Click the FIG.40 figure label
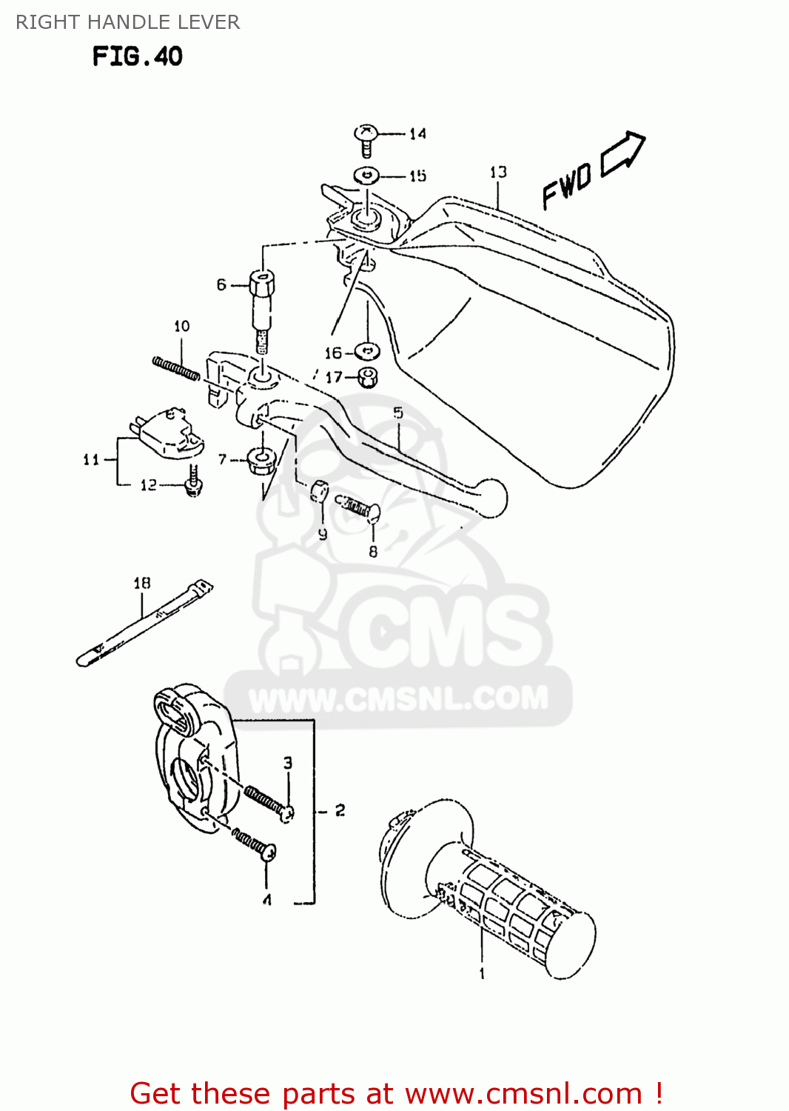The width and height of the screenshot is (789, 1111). click(137, 56)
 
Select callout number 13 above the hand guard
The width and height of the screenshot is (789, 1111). click(498, 173)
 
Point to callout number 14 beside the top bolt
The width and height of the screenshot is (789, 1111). click(418, 134)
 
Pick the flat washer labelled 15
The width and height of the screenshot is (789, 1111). click(366, 176)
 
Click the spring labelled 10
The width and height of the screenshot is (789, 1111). click(176, 368)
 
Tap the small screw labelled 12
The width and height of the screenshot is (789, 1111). click(194, 482)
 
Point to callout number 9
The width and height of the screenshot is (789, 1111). click(323, 533)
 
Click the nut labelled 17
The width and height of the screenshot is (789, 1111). click(368, 377)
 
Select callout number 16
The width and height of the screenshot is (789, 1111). click(333, 353)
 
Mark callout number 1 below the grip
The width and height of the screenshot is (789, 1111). click(482, 973)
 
